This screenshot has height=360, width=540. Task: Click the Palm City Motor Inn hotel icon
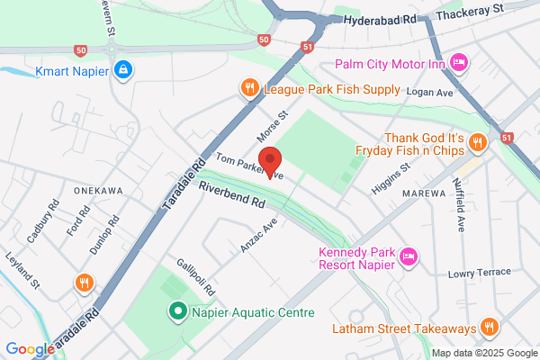point(459,63)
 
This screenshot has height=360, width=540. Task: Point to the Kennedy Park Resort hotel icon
point(407,256)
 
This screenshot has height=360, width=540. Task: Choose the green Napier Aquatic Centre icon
point(178,312)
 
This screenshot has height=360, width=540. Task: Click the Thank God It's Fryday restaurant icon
point(478,141)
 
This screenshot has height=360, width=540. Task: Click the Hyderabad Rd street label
point(380,18)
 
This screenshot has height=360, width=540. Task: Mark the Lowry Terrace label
point(480,273)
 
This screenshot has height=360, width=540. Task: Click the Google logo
point(30,349)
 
